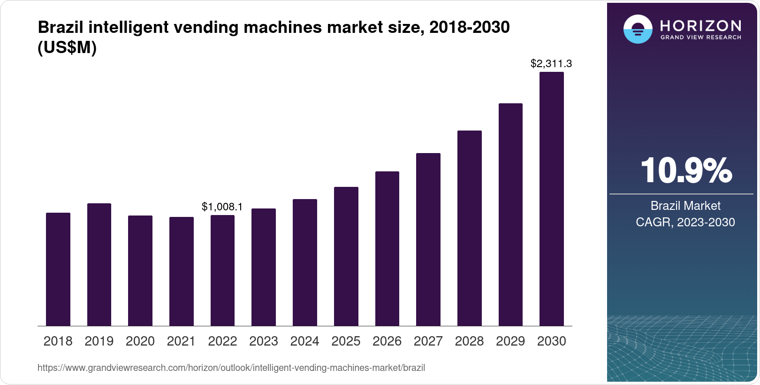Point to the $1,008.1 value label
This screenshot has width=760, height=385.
(222, 207)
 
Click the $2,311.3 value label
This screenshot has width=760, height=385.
(551, 63)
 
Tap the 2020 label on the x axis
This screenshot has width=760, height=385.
(140, 341)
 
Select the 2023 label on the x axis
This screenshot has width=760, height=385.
(264, 341)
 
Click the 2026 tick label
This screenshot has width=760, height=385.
(387, 341)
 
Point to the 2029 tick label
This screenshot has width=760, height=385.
(510, 341)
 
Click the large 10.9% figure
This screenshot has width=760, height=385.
(685, 170)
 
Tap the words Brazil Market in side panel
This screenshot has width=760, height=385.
(685, 206)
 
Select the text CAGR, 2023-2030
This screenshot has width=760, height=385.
(685, 222)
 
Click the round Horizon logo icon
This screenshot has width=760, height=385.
(638, 29)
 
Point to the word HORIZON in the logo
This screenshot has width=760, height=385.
(701, 25)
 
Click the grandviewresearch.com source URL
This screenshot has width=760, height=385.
(231, 368)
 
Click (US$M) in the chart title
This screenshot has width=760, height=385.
(67, 47)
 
